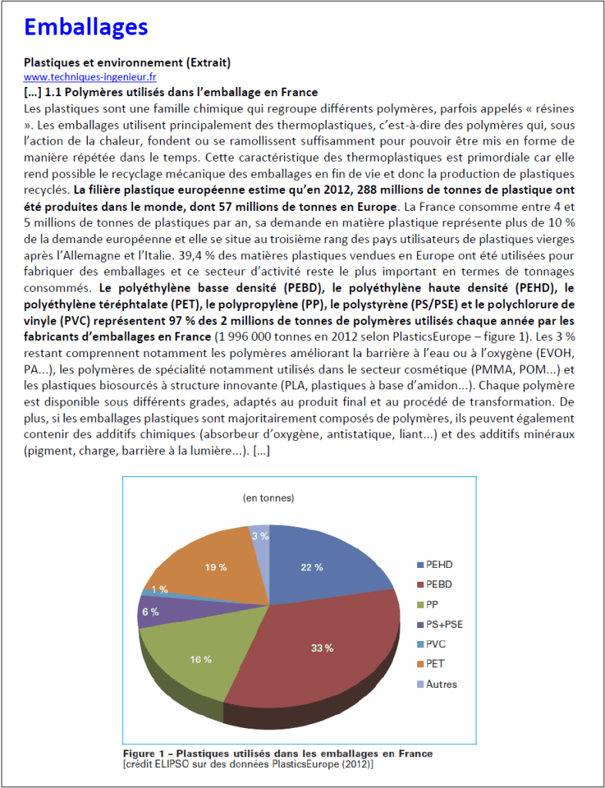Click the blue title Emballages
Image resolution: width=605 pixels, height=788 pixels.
(85, 27)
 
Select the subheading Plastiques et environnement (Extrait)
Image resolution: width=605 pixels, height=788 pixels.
(127, 62)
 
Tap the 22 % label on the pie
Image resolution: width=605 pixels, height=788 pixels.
(311, 567)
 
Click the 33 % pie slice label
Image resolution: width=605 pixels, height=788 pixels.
(322, 648)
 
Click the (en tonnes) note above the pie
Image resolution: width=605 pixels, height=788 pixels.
(268, 498)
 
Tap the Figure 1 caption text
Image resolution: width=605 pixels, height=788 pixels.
(278, 753)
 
